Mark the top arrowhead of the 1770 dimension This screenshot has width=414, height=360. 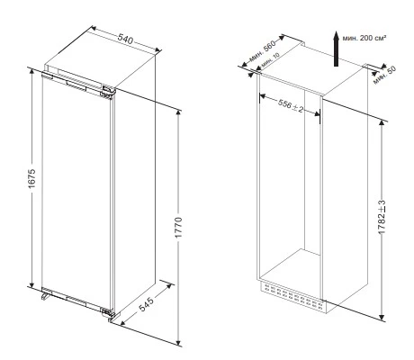tap(178, 116)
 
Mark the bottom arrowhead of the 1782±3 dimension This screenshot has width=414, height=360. tap(383, 317)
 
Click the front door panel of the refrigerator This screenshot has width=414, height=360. tap(76, 189)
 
